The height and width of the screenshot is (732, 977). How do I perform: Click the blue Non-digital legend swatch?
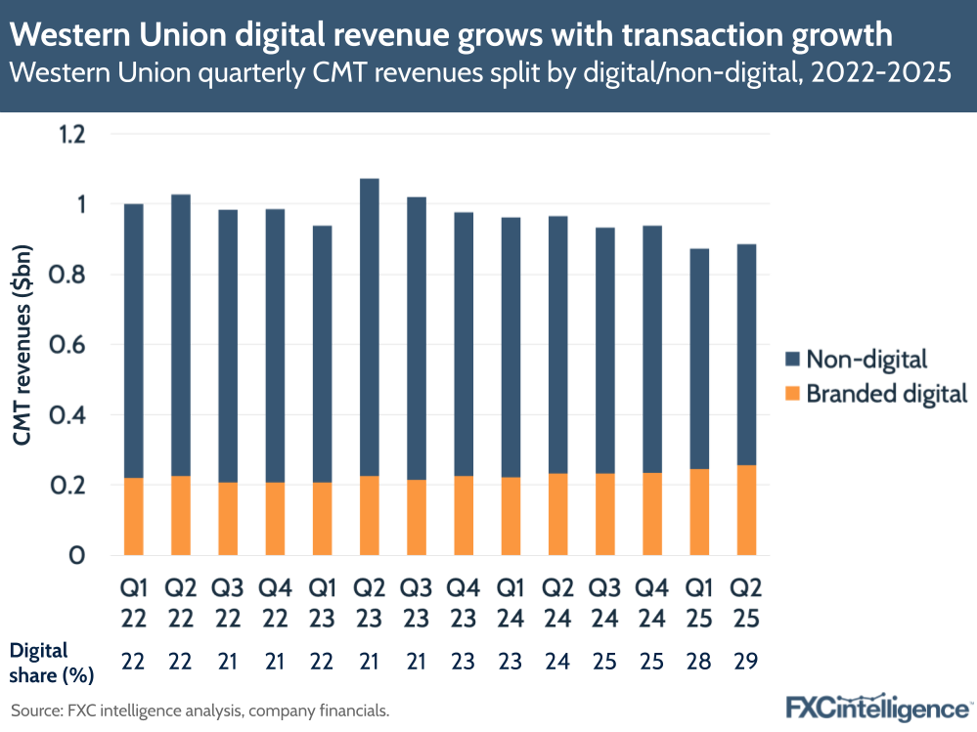[x=792, y=360]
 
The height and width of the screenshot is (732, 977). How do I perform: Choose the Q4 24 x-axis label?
[x=651, y=605]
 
